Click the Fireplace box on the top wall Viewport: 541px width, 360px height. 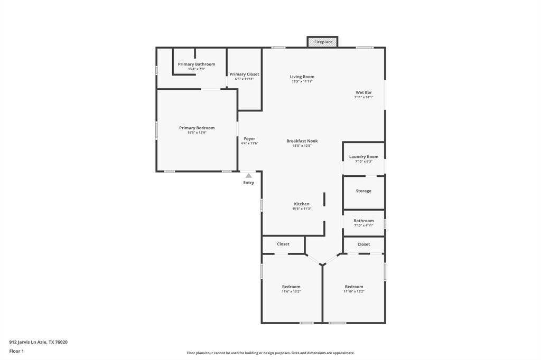[323, 42]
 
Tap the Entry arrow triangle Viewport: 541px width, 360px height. [248, 176]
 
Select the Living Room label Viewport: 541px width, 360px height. [302, 77]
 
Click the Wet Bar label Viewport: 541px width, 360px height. [363, 92]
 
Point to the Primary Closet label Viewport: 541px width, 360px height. [245, 74]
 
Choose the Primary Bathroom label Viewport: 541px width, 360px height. [197, 64]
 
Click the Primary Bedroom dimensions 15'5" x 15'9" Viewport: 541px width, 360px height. [197, 132]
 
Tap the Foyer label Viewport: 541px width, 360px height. [249, 139]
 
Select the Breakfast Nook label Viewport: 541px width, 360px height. [302, 141]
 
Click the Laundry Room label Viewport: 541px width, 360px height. [363, 157]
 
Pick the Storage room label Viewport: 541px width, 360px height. [363, 191]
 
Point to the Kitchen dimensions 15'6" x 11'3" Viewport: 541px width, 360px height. [302, 209]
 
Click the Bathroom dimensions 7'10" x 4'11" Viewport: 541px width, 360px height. [363, 225]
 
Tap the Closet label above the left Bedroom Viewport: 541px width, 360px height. [283, 244]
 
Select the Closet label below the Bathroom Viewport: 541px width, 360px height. [363, 244]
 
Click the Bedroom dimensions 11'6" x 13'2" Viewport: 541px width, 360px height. [291, 291]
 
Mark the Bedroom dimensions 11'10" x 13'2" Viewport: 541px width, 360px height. [354, 291]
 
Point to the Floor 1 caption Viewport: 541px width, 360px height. [16, 351]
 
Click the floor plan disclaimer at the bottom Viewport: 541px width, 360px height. [270, 353]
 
